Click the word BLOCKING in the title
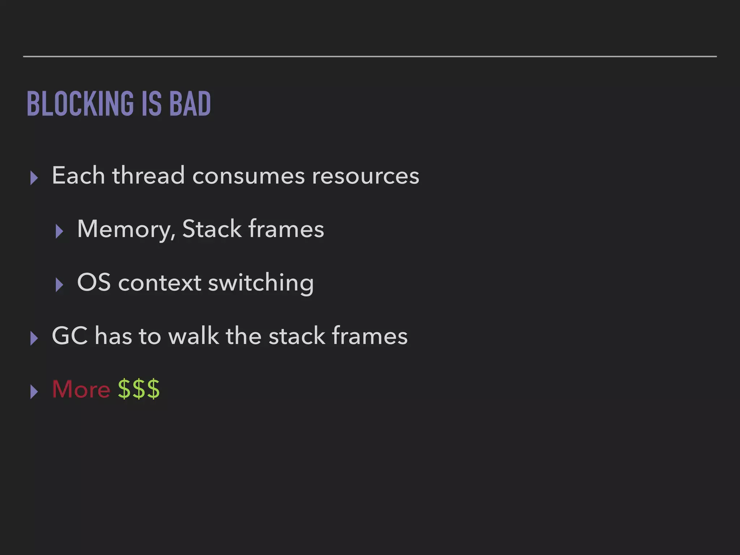80,104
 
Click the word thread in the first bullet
149,176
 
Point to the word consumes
249,176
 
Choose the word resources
365,176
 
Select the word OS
94,282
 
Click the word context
160,283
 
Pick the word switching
261,283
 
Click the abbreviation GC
70,336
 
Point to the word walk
193,336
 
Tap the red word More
81,389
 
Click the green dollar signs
139,389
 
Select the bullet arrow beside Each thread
34,178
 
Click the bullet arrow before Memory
60,231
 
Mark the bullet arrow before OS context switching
60,285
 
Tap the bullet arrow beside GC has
34,338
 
